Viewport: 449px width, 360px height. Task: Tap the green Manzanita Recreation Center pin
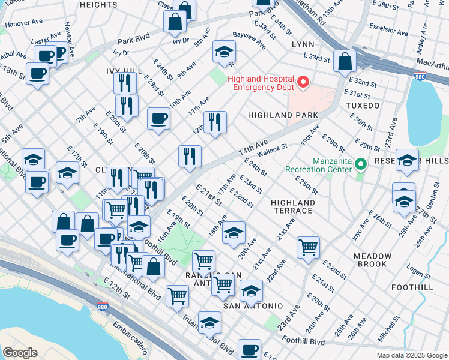pyautogui.click(x=360, y=163)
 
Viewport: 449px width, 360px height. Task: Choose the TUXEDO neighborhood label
pyautogui.click(x=363, y=106)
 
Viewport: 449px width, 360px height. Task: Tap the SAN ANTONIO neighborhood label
pyautogui.click(x=253, y=306)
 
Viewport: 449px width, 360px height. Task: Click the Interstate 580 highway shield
pyautogui.click(x=421, y=76)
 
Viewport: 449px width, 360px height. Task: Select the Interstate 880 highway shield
pyautogui.click(x=102, y=308)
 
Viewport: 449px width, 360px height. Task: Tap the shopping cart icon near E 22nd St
pyautogui.click(x=308, y=247)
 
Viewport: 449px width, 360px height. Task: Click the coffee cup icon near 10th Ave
pyautogui.click(x=159, y=118)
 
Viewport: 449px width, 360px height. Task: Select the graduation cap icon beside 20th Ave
pyautogui.click(x=234, y=232)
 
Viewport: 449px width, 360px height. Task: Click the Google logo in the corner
pyautogui.click(x=20, y=353)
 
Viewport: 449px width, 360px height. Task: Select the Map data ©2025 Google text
pyautogui.click(x=411, y=355)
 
